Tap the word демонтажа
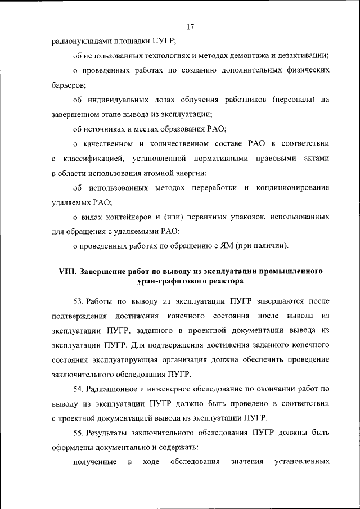tap(246, 55)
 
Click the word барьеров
tap(68, 84)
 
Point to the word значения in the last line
tap(247, 462)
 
